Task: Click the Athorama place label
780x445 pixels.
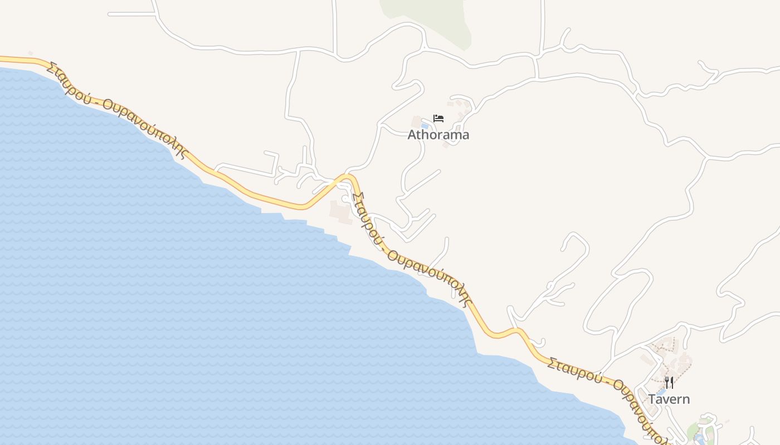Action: point(438,135)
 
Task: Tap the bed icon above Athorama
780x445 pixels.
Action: point(438,118)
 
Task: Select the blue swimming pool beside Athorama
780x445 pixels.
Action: point(425,126)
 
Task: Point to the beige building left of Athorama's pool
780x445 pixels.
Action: point(416,121)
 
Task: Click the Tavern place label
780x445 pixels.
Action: point(669,399)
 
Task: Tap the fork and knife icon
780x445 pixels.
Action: point(669,383)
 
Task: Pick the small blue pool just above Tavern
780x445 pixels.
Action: point(661,391)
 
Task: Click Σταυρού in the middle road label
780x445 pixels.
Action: point(368,220)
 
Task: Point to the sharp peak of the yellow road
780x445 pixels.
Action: point(348,176)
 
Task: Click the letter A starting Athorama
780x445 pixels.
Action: point(412,135)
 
